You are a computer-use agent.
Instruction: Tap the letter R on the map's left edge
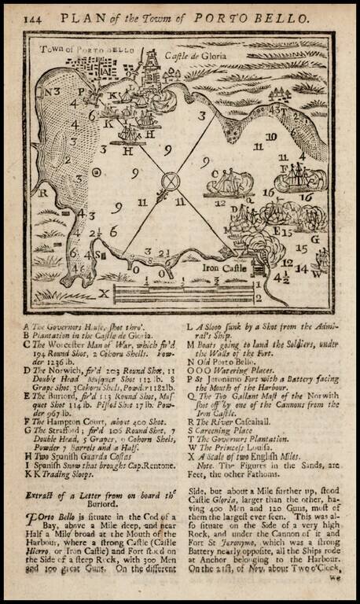click(45, 191)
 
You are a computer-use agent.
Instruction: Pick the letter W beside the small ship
click(316, 274)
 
